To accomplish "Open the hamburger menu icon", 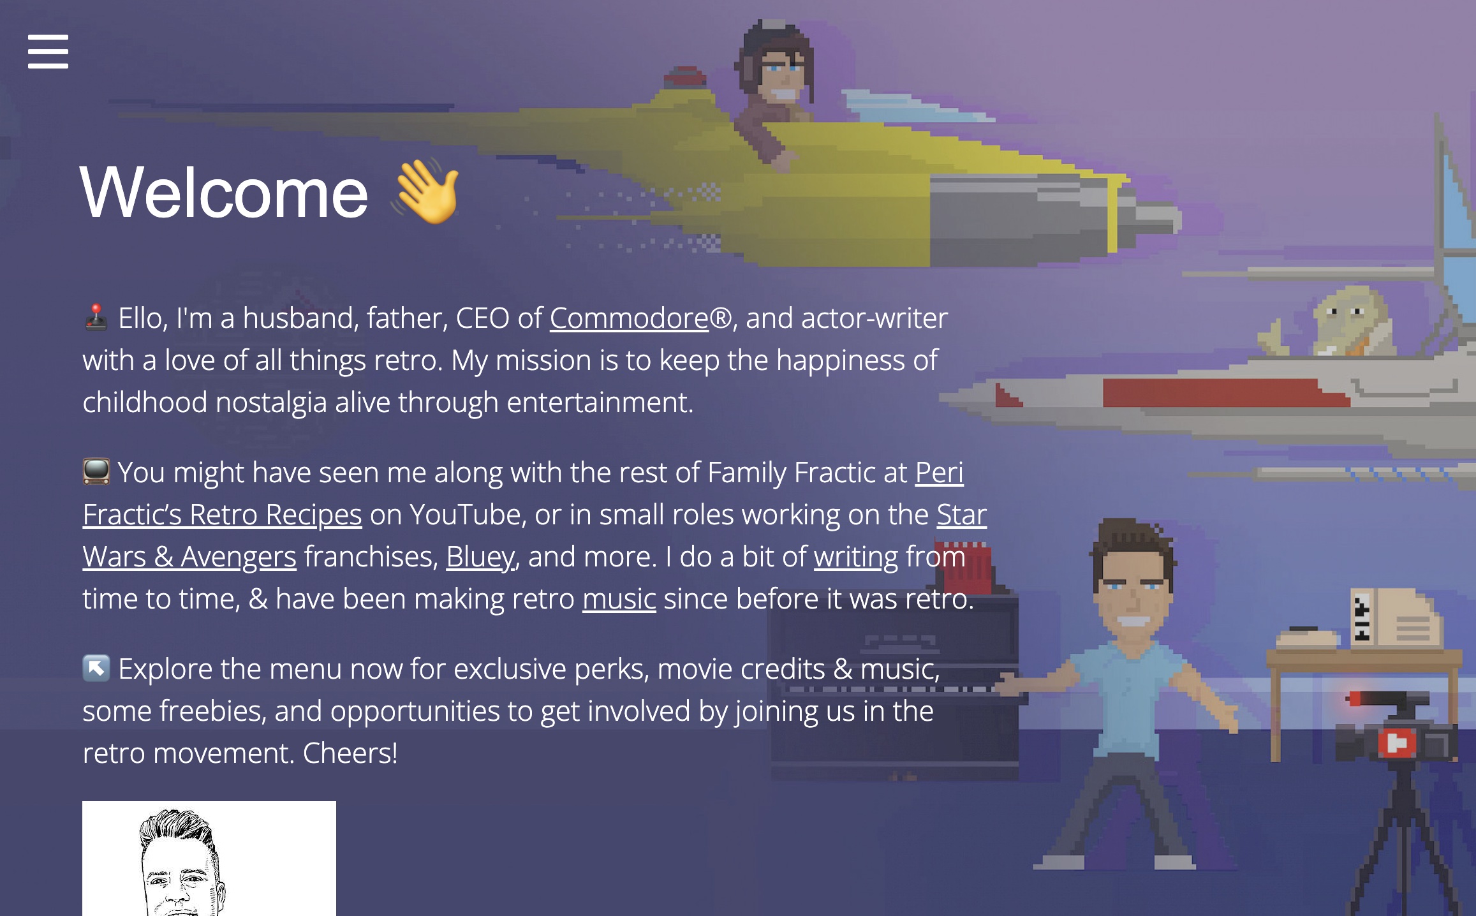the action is coord(48,51).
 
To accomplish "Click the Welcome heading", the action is coord(224,192).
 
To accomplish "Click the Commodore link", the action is coord(629,318).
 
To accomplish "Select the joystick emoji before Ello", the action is coord(96,318).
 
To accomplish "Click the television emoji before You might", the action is coord(96,472).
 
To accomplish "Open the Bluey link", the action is coord(480,557).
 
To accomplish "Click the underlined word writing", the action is coord(856,557).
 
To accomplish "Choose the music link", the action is coord(619,599).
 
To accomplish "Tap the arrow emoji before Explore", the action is coord(96,669).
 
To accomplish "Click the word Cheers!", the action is coord(350,753).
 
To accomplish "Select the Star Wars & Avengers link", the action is coord(535,536).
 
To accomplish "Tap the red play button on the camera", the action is coord(1397,743).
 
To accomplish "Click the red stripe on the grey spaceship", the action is coord(1225,392).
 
